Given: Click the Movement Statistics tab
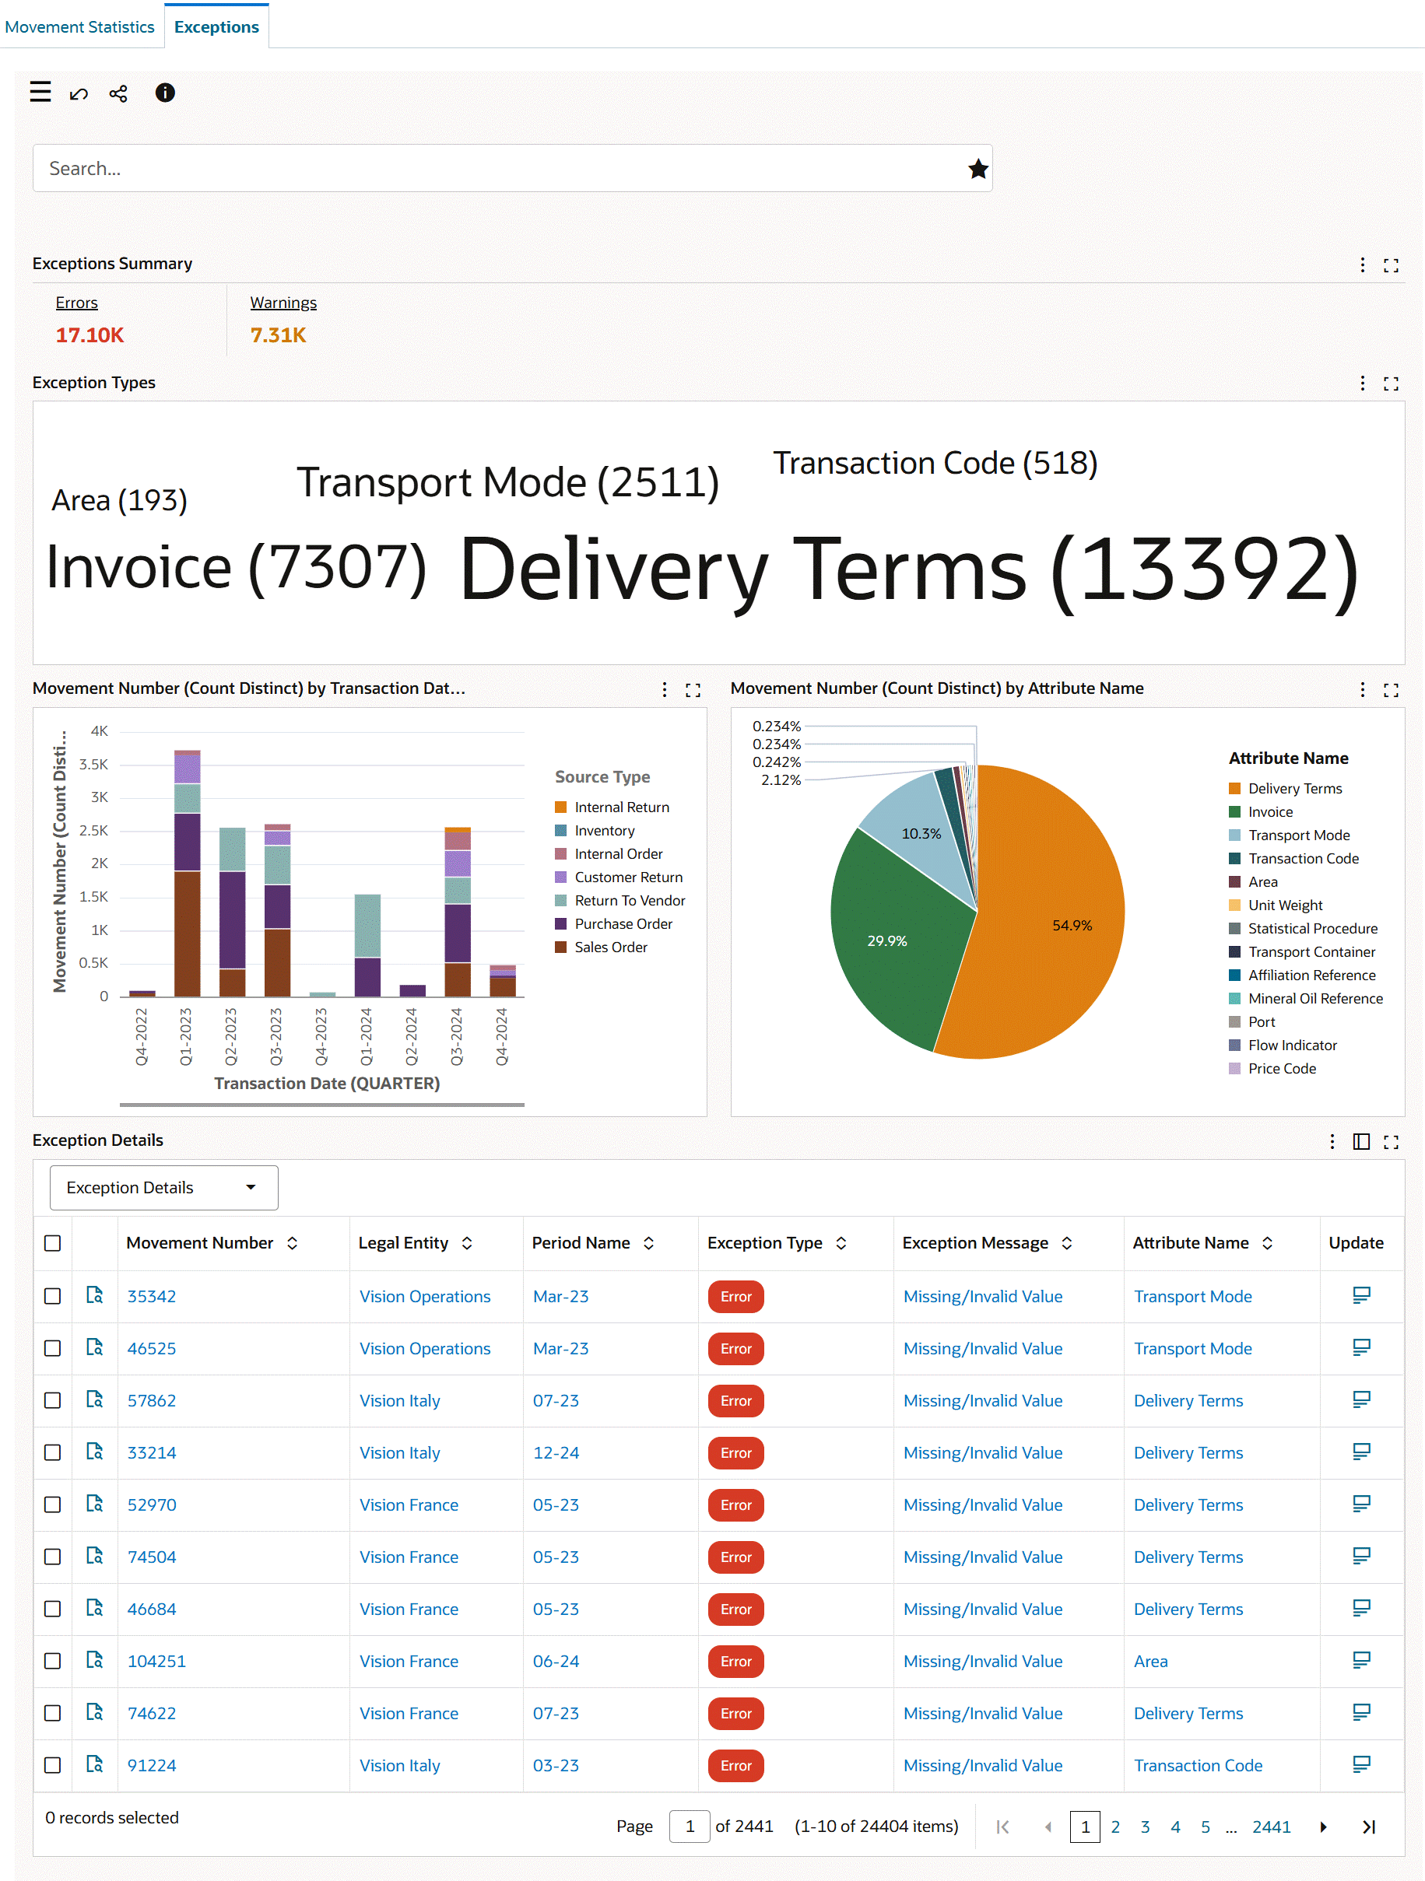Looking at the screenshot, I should [79, 27].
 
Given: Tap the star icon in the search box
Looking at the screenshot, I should [977, 170].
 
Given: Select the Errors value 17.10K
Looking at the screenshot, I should [90, 335].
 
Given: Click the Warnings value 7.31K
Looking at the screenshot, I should [277, 335].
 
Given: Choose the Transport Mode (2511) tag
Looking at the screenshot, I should [507, 483].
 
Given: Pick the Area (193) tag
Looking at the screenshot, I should [119, 501].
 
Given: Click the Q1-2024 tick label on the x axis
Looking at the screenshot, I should [367, 1035].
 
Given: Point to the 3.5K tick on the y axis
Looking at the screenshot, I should [93, 765].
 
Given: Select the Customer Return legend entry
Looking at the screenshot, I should [628, 877].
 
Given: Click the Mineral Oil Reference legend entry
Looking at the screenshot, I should [1314, 998].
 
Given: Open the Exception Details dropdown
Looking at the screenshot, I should [163, 1187].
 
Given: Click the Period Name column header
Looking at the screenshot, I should [581, 1242].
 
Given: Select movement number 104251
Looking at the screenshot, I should [156, 1661].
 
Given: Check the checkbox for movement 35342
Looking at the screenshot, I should [53, 1296].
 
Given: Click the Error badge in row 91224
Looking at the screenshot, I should [735, 1765].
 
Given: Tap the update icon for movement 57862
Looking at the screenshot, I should [1360, 1399].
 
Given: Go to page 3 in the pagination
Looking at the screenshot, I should [1145, 1827].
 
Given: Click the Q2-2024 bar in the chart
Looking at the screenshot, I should [412, 990].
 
